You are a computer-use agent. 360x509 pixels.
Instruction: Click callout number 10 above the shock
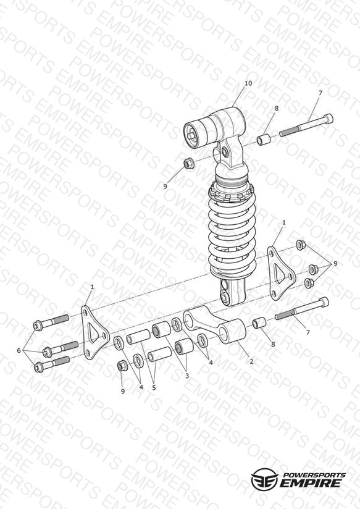point(248,83)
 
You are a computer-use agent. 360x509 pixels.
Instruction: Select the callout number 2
point(251,361)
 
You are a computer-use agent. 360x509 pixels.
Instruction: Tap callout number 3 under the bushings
point(186,376)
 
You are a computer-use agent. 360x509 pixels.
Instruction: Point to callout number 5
point(154,387)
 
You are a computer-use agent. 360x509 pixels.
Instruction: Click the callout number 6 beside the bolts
point(19,350)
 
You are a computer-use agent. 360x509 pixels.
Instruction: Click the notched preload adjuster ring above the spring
point(232,193)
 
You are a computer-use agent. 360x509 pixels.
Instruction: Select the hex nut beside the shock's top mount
point(189,163)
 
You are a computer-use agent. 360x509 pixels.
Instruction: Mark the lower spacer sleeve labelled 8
point(259,323)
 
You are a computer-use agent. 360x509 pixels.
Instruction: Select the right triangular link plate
point(281,273)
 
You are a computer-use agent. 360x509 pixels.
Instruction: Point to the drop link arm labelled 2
point(216,325)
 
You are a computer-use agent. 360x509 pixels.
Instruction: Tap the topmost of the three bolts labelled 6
point(51,322)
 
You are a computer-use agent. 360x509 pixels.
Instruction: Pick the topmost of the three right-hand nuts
point(301,245)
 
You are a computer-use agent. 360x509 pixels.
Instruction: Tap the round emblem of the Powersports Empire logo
point(264,479)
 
